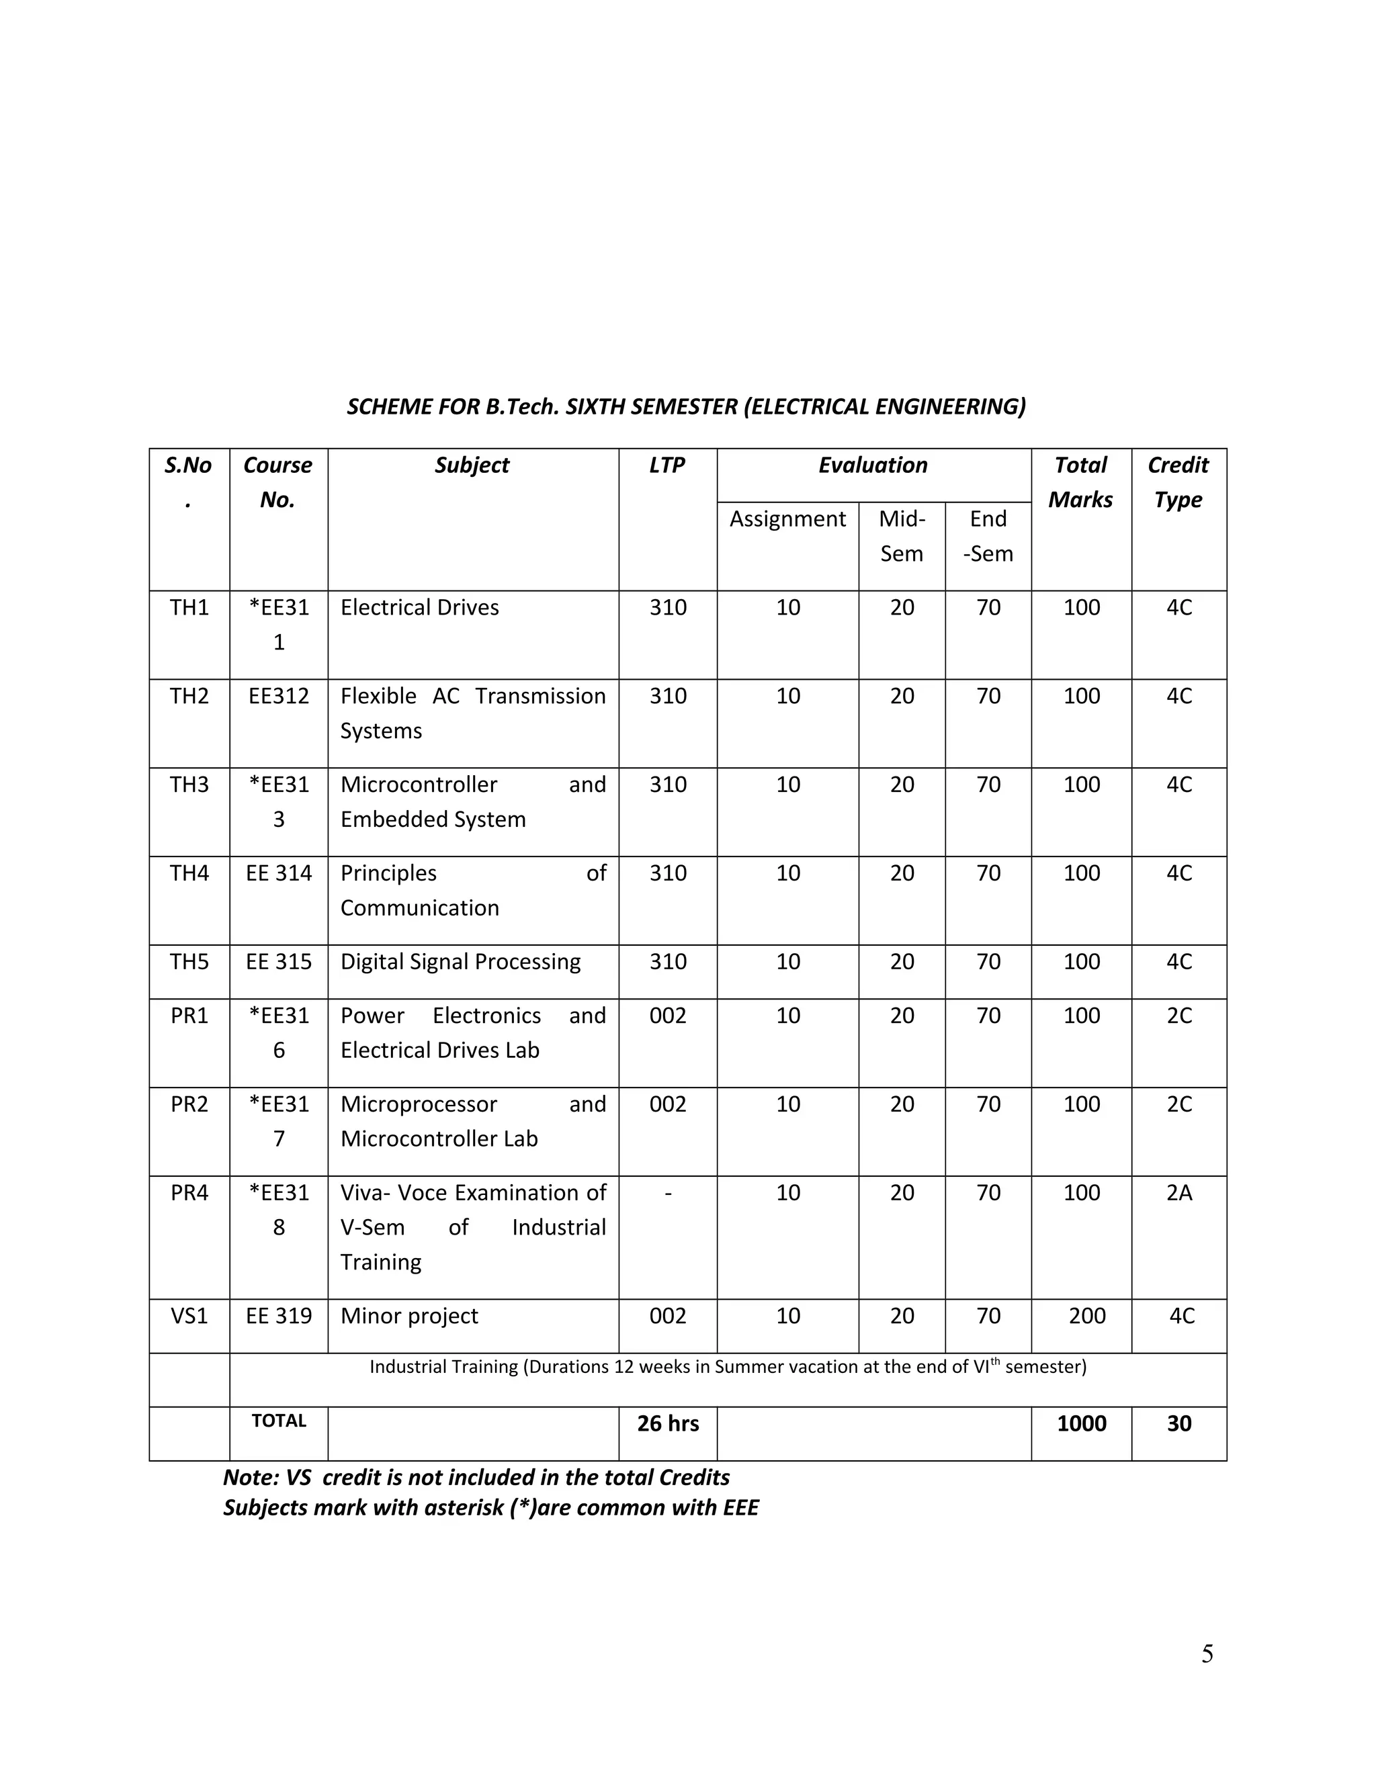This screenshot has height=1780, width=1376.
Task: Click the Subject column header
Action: [x=471, y=465]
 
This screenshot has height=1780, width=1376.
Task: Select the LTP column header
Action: [x=666, y=465]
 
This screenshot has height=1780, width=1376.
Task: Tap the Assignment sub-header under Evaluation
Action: [x=787, y=519]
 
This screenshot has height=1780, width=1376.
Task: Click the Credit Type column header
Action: [x=1178, y=482]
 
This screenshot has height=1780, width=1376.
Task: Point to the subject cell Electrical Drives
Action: [x=419, y=608]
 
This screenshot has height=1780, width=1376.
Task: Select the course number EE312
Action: [x=278, y=696]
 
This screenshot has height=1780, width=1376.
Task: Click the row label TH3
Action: [x=189, y=785]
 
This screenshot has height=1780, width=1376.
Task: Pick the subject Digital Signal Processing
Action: [x=460, y=962]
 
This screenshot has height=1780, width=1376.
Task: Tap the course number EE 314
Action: [x=278, y=874]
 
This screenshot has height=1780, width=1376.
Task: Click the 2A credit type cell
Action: [x=1178, y=1193]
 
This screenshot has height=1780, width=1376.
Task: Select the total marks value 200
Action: [x=1086, y=1317]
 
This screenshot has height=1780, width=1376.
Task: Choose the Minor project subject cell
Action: [x=409, y=1317]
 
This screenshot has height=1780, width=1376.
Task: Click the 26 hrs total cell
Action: [x=668, y=1424]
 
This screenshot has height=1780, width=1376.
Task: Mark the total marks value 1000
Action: [x=1081, y=1424]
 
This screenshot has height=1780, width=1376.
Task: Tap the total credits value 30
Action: [x=1178, y=1424]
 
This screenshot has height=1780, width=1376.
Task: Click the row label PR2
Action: [x=189, y=1104]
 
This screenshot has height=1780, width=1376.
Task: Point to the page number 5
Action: [x=1207, y=1654]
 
